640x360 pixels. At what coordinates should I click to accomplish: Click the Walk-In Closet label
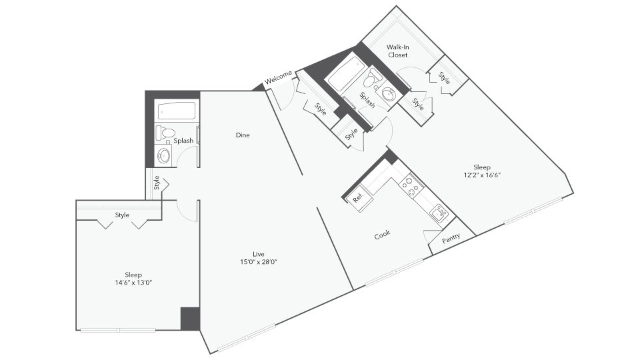click(x=398, y=51)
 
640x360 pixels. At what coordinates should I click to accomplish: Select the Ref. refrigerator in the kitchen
click(x=358, y=197)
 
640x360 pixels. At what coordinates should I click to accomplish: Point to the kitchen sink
click(x=439, y=214)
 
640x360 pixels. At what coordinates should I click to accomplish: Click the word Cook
click(x=382, y=235)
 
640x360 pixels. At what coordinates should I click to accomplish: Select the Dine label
click(x=243, y=135)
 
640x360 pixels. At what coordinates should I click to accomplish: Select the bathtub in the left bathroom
click(x=177, y=111)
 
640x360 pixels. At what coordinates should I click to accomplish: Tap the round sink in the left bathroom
click(x=164, y=156)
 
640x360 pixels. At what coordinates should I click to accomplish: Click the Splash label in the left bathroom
click(x=183, y=141)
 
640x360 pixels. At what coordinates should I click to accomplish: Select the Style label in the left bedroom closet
click(x=122, y=215)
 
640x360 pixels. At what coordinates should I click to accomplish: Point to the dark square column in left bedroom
click(x=190, y=318)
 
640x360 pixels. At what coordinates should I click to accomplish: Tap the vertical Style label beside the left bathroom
click(x=157, y=182)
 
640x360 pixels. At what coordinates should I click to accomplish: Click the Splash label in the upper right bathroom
click(x=367, y=100)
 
